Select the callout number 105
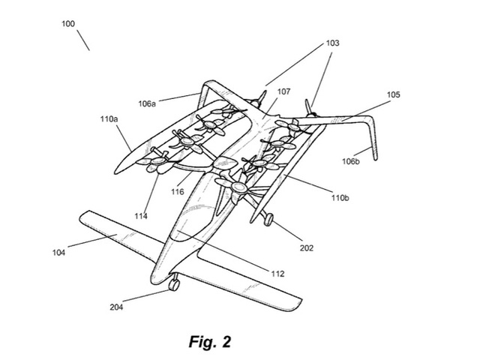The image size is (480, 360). pos(393,95)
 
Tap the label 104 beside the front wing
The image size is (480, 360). pos(59,253)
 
